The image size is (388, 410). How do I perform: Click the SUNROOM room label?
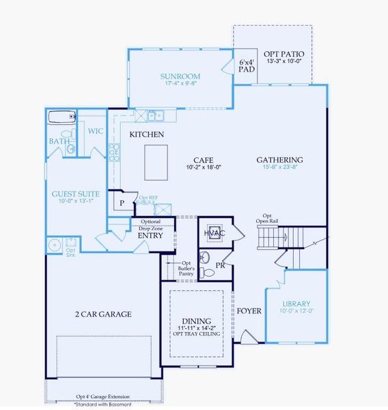click(x=180, y=76)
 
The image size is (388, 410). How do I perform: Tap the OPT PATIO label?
click(x=283, y=54)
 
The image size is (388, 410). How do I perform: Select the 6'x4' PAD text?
click(x=247, y=66)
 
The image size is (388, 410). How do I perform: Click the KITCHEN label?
click(x=146, y=135)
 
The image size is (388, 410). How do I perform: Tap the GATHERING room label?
click(x=279, y=160)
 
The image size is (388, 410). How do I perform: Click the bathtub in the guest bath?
click(x=61, y=117)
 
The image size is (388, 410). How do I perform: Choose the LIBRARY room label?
click(x=296, y=303)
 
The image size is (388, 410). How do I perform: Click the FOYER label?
click(x=249, y=311)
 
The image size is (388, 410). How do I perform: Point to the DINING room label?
click(x=197, y=320)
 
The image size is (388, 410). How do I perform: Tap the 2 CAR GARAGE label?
click(x=103, y=314)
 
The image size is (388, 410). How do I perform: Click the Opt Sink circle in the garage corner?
click(x=55, y=245)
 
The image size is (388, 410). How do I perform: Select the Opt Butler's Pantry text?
click(x=186, y=268)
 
